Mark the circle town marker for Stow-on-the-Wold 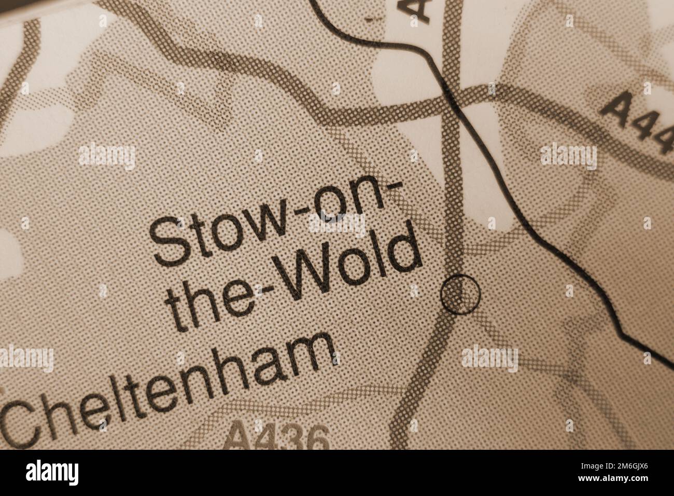[x=460, y=294]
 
